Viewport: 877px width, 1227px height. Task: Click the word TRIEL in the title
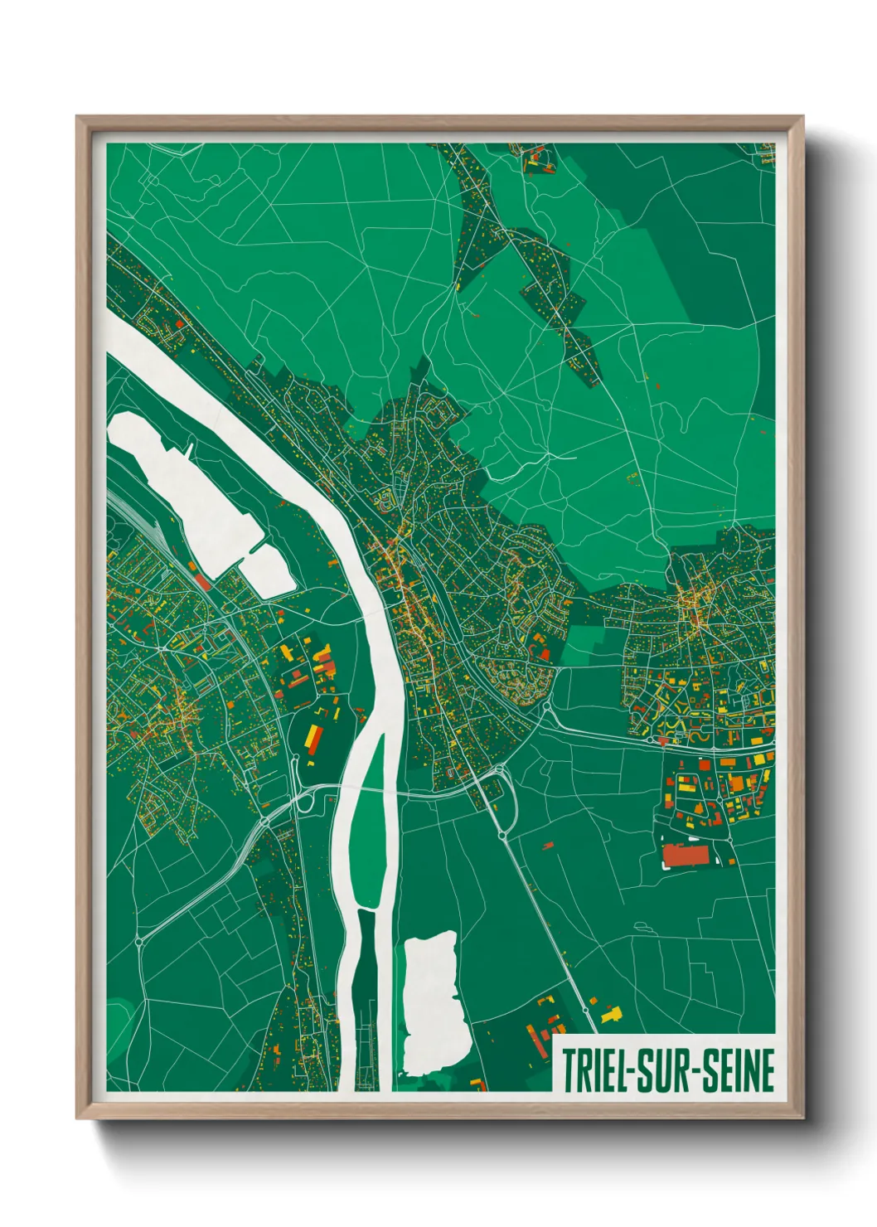pos(594,1070)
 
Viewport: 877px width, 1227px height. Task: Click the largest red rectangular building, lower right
pos(686,855)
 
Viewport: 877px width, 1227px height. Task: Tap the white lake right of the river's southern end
pos(430,1002)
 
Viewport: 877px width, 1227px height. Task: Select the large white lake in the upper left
pos(182,489)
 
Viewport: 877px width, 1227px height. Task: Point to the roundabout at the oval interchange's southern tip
pos(502,836)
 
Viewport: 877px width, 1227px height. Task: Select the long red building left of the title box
pos(535,1037)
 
